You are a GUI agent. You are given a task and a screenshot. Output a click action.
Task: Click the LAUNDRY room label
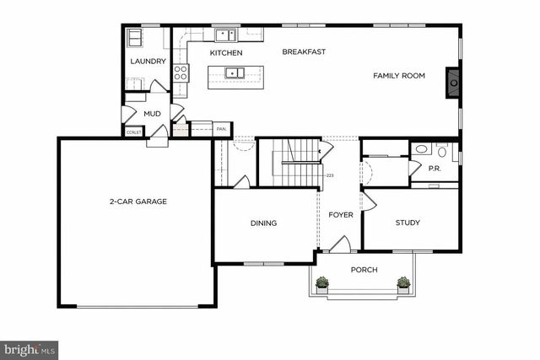(147, 62)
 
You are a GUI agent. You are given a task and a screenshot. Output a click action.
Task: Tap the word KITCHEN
(226, 53)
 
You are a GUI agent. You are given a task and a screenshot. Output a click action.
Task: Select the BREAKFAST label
(304, 52)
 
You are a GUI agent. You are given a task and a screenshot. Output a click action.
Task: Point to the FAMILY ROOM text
(399, 76)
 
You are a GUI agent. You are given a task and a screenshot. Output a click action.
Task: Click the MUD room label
(152, 113)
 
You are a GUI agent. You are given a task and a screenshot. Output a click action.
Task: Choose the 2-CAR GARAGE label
(138, 201)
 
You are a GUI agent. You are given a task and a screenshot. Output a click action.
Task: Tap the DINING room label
(263, 223)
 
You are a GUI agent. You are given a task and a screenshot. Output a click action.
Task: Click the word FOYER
(341, 215)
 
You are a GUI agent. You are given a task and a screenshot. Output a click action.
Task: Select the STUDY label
(408, 223)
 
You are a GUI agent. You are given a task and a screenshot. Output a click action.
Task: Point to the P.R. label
(435, 169)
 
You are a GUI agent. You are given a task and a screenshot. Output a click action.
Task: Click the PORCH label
(364, 270)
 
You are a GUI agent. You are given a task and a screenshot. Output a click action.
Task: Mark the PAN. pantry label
(221, 129)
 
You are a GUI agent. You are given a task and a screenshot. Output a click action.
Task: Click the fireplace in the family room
(454, 82)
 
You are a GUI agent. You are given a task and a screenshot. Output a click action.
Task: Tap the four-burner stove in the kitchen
(181, 72)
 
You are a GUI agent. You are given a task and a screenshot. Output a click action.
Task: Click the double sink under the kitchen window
(225, 35)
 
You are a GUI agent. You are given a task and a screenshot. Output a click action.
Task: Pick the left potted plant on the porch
(321, 283)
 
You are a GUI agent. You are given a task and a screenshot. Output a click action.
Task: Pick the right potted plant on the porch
(405, 283)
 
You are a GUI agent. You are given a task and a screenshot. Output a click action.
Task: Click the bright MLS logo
(30, 348)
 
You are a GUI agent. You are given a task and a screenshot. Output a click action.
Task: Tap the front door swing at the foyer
(339, 244)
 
